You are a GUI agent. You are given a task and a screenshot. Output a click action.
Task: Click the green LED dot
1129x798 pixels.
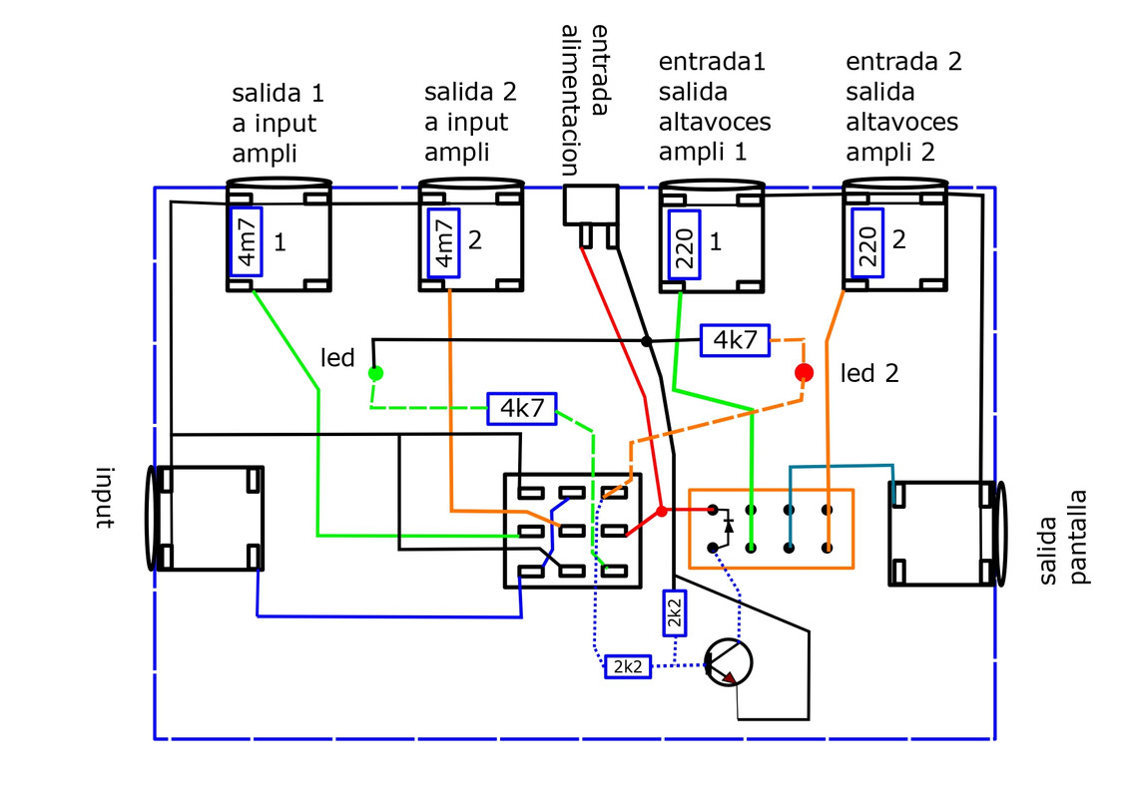375,373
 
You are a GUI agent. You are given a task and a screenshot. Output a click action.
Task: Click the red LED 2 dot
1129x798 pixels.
804,372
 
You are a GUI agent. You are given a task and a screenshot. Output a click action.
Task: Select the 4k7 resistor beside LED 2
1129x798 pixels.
736,340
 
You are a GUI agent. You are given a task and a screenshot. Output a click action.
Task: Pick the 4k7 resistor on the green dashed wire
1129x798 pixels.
522,409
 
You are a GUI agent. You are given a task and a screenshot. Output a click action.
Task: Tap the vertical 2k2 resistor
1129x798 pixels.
674,611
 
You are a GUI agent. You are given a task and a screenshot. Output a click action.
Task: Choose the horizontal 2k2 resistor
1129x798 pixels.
628,666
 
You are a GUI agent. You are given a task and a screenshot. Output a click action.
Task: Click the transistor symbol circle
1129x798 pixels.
728,661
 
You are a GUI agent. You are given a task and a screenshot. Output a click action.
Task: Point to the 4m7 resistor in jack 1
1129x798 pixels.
247,242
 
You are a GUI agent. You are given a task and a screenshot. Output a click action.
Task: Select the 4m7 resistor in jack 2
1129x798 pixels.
444,242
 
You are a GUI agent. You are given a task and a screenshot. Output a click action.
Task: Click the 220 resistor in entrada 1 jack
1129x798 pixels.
685,244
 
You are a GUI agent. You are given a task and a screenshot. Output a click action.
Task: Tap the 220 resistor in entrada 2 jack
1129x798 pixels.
867,243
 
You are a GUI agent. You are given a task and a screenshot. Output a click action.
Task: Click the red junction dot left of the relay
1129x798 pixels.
661,512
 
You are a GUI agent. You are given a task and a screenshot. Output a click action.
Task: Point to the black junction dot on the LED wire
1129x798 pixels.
646,341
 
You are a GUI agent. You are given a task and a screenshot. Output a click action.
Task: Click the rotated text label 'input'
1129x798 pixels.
105,497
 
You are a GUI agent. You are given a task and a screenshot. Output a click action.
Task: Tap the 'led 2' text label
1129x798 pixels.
869,373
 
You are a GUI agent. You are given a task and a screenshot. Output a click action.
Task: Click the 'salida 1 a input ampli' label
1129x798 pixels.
278,123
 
